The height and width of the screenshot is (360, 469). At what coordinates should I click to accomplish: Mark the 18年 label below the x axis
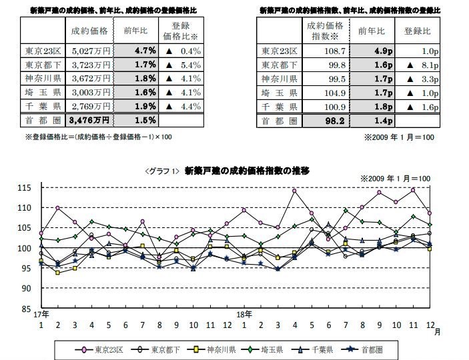pyautogui.click(x=244, y=314)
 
